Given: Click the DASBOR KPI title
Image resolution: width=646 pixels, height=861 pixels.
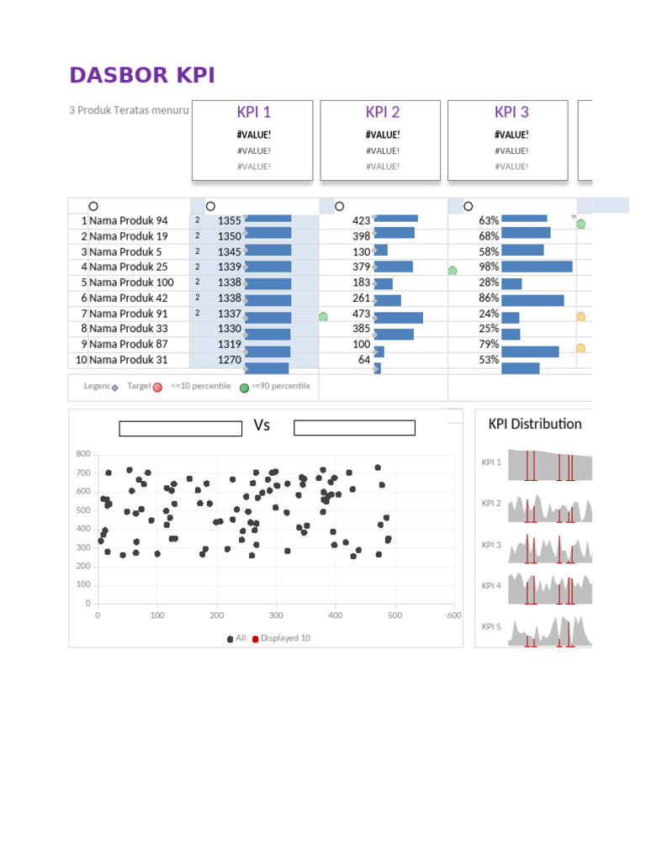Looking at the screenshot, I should click(x=142, y=76).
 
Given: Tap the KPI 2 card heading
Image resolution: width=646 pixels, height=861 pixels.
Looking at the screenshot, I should click(x=382, y=113).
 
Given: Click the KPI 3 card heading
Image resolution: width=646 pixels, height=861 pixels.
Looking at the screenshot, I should click(x=511, y=113).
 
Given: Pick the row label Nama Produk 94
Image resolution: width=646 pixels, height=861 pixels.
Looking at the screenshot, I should click(x=128, y=221).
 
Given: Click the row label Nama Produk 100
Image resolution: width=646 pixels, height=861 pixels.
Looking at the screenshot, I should click(x=131, y=283).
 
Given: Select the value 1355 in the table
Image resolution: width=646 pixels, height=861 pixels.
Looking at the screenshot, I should click(x=229, y=221).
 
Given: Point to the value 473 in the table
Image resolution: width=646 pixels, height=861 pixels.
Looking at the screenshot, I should click(x=361, y=314).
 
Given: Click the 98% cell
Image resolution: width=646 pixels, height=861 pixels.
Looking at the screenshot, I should click(x=489, y=267).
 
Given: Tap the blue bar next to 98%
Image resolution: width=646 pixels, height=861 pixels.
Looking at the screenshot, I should click(x=537, y=267).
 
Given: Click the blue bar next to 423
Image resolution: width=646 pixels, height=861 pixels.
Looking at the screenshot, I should click(x=396, y=219).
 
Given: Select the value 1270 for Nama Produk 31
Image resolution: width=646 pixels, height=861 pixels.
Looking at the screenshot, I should click(x=229, y=360).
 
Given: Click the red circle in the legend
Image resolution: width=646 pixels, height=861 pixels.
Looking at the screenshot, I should click(x=157, y=387).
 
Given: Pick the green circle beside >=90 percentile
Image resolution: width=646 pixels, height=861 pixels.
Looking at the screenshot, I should click(x=244, y=388).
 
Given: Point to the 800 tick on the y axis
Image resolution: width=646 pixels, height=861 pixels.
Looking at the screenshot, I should click(x=82, y=454).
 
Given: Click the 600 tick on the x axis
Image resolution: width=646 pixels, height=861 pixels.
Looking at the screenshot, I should click(x=454, y=615).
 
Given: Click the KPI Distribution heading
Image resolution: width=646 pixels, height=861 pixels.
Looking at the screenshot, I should click(x=534, y=424).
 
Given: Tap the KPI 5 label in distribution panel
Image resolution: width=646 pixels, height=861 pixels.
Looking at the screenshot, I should click(x=491, y=626).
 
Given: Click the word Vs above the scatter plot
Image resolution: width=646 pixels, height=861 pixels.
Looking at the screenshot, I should click(x=262, y=425).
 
